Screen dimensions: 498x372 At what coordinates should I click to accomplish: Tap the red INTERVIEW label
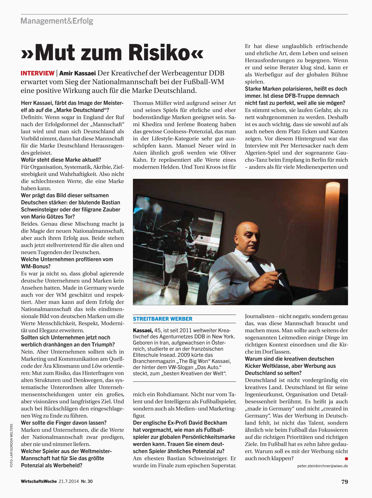[x=37, y=73]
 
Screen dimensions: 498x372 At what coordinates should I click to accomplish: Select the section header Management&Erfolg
[x=57, y=21]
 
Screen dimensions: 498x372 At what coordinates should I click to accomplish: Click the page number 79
[x=344, y=482]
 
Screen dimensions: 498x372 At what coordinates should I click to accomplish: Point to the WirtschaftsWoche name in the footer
[x=39, y=481]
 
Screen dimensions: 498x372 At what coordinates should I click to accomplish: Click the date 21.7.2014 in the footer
[x=69, y=481]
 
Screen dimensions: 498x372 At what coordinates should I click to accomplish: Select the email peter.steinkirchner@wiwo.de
[x=322, y=466]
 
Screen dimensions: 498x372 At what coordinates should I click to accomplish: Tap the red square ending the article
[x=346, y=459]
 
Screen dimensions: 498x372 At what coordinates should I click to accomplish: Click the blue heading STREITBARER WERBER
[x=163, y=319]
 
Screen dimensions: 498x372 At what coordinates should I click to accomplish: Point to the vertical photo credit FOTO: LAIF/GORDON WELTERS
[x=11, y=445]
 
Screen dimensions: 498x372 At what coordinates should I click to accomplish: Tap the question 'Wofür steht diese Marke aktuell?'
[x=61, y=160]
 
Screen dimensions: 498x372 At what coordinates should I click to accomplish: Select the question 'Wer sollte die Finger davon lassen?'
[x=64, y=423]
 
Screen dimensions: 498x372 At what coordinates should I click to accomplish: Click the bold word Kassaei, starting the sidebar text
[x=143, y=330]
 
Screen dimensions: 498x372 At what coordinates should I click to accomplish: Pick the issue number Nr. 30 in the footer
[x=86, y=481]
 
